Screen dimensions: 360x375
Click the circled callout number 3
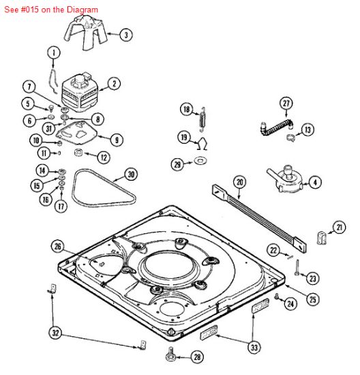[126, 35]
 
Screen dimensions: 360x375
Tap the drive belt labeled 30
[104, 188]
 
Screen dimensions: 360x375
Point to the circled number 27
[286, 104]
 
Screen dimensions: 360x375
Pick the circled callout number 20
[240, 183]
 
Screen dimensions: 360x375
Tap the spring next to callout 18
[202, 119]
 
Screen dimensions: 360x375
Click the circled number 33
[254, 347]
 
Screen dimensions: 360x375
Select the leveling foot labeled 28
[170, 354]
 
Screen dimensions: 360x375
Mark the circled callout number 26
[58, 246]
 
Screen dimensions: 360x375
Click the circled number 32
[55, 333]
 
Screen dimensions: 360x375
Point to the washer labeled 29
[200, 160]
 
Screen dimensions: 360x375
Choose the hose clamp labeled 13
[290, 138]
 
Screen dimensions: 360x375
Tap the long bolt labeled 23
[297, 267]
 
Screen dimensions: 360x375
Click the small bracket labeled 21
[322, 237]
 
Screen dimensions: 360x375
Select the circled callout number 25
[313, 299]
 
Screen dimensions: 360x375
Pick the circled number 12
[104, 157]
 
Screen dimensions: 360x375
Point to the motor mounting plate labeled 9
[77, 132]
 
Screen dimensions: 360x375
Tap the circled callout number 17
[61, 206]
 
